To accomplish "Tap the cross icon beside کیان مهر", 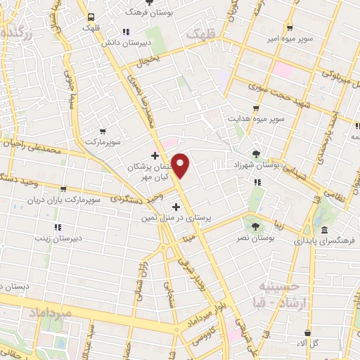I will click(155, 155).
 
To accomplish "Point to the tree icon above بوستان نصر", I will click(254, 225).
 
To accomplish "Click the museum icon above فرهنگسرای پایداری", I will click(324, 230).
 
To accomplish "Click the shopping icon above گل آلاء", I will click(308, 333).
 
